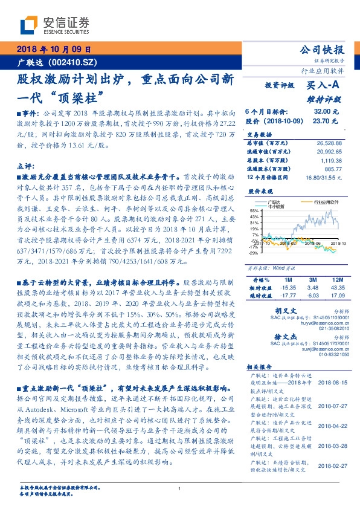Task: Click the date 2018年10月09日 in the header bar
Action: coord(53,50)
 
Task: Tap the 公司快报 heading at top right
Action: coord(322,50)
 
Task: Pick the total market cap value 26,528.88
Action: coord(329,143)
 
